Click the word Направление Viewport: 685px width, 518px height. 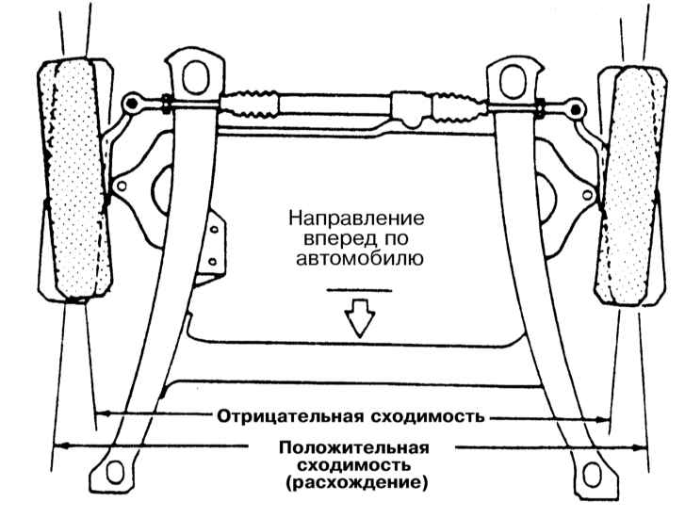pyautogui.click(x=356, y=218)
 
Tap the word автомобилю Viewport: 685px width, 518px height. pyautogui.click(x=360, y=259)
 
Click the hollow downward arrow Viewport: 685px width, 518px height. pyautogui.click(x=360, y=318)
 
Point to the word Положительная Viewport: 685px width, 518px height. pyautogui.click(x=354, y=447)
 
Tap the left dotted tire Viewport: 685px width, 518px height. pyautogui.click(x=74, y=179)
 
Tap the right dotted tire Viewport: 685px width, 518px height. pyautogui.click(x=630, y=186)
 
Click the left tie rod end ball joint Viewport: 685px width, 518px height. pyautogui.click(x=131, y=104)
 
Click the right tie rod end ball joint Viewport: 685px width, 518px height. pyautogui.click(x=577, y=107)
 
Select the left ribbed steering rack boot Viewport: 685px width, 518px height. pyautogui.click(x=250, y=105)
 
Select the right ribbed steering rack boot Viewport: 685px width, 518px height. pyautogui.click(x=458, y=108)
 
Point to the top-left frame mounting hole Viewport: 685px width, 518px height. pyautogui.click(x=194, y=78)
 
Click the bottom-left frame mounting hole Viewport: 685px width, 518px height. pyautogui.click(x=114, y=473)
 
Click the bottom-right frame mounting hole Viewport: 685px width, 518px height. pyautogui.click(x=592, y=475)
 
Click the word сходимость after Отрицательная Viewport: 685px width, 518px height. pyautogui.click(x=428, y=416)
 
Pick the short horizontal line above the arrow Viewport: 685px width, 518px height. pyautogui.click(x=360, y=289)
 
